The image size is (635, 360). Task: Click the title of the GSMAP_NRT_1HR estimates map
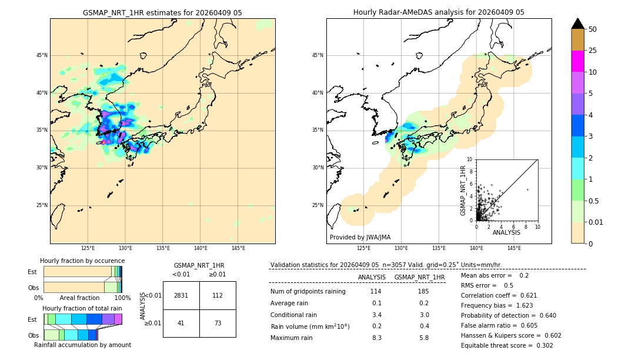point(162,12)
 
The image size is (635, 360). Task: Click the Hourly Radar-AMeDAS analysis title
point(439,12)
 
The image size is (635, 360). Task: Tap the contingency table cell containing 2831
point(181,295)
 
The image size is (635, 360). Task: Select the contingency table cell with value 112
point(218,295)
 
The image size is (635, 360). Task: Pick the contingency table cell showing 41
point(181,323)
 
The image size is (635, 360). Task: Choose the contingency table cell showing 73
point(218,323)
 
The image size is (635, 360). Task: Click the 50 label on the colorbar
point(593,29)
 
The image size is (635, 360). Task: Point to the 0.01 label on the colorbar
point(596,222)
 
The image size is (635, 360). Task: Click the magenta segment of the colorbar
point(577,61)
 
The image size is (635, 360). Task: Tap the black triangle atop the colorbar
point(577,24)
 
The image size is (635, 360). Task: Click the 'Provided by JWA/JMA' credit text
point(360,237)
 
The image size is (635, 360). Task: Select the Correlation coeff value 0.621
point(541,295)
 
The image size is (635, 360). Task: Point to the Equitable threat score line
point(507,345)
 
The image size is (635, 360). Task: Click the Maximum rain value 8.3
point(377,338)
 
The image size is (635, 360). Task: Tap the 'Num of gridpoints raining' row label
point(308,292)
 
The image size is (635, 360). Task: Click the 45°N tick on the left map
point(42,55)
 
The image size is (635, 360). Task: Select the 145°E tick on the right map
point(514,248)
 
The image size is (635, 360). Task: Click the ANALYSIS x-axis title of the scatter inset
point(506,232)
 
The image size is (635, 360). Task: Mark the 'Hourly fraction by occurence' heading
point(82,261)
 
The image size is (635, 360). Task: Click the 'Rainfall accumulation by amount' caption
point(82,345)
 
